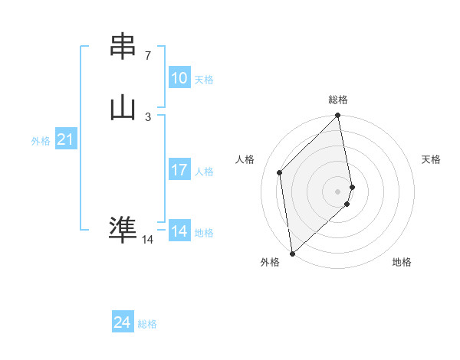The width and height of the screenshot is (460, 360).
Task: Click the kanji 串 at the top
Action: click(x=123, y=47)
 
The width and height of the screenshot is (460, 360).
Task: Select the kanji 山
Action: click(x=123, y=106)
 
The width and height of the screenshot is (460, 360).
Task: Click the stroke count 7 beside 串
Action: click(x=148, y=56)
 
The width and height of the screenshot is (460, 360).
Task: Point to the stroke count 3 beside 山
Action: click(x=148, y=116)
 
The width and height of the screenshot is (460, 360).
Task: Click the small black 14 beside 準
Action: click(x=147, y=240)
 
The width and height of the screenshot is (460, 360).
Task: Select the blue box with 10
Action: click(x=179, y=78)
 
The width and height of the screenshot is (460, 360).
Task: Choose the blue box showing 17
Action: click(x=179, y=170)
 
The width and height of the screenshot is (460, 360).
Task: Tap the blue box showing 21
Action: click(x=66, y=139)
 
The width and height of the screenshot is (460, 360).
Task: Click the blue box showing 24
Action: click(x=123, y=322)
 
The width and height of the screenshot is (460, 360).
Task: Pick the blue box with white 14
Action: click(x=179, y=231)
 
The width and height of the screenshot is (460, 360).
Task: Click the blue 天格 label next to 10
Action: click(x=204, y=80)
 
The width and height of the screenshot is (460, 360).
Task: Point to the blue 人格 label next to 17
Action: click(x=204, y=172)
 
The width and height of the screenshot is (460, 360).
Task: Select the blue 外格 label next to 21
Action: click(x=41, y=141)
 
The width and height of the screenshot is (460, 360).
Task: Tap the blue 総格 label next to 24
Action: click(x=147, y=324)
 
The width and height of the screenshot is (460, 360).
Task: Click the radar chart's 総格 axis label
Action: click(x=338, y=100)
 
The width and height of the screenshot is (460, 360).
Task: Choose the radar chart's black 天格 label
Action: click(x=432, y=159)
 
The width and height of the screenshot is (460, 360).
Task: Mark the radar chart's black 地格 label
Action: click(x=402, y=262)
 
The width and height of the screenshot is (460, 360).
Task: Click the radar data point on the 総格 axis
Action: click(x=338, y=116)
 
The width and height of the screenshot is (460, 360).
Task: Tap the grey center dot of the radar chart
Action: click(x=338, y=191)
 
